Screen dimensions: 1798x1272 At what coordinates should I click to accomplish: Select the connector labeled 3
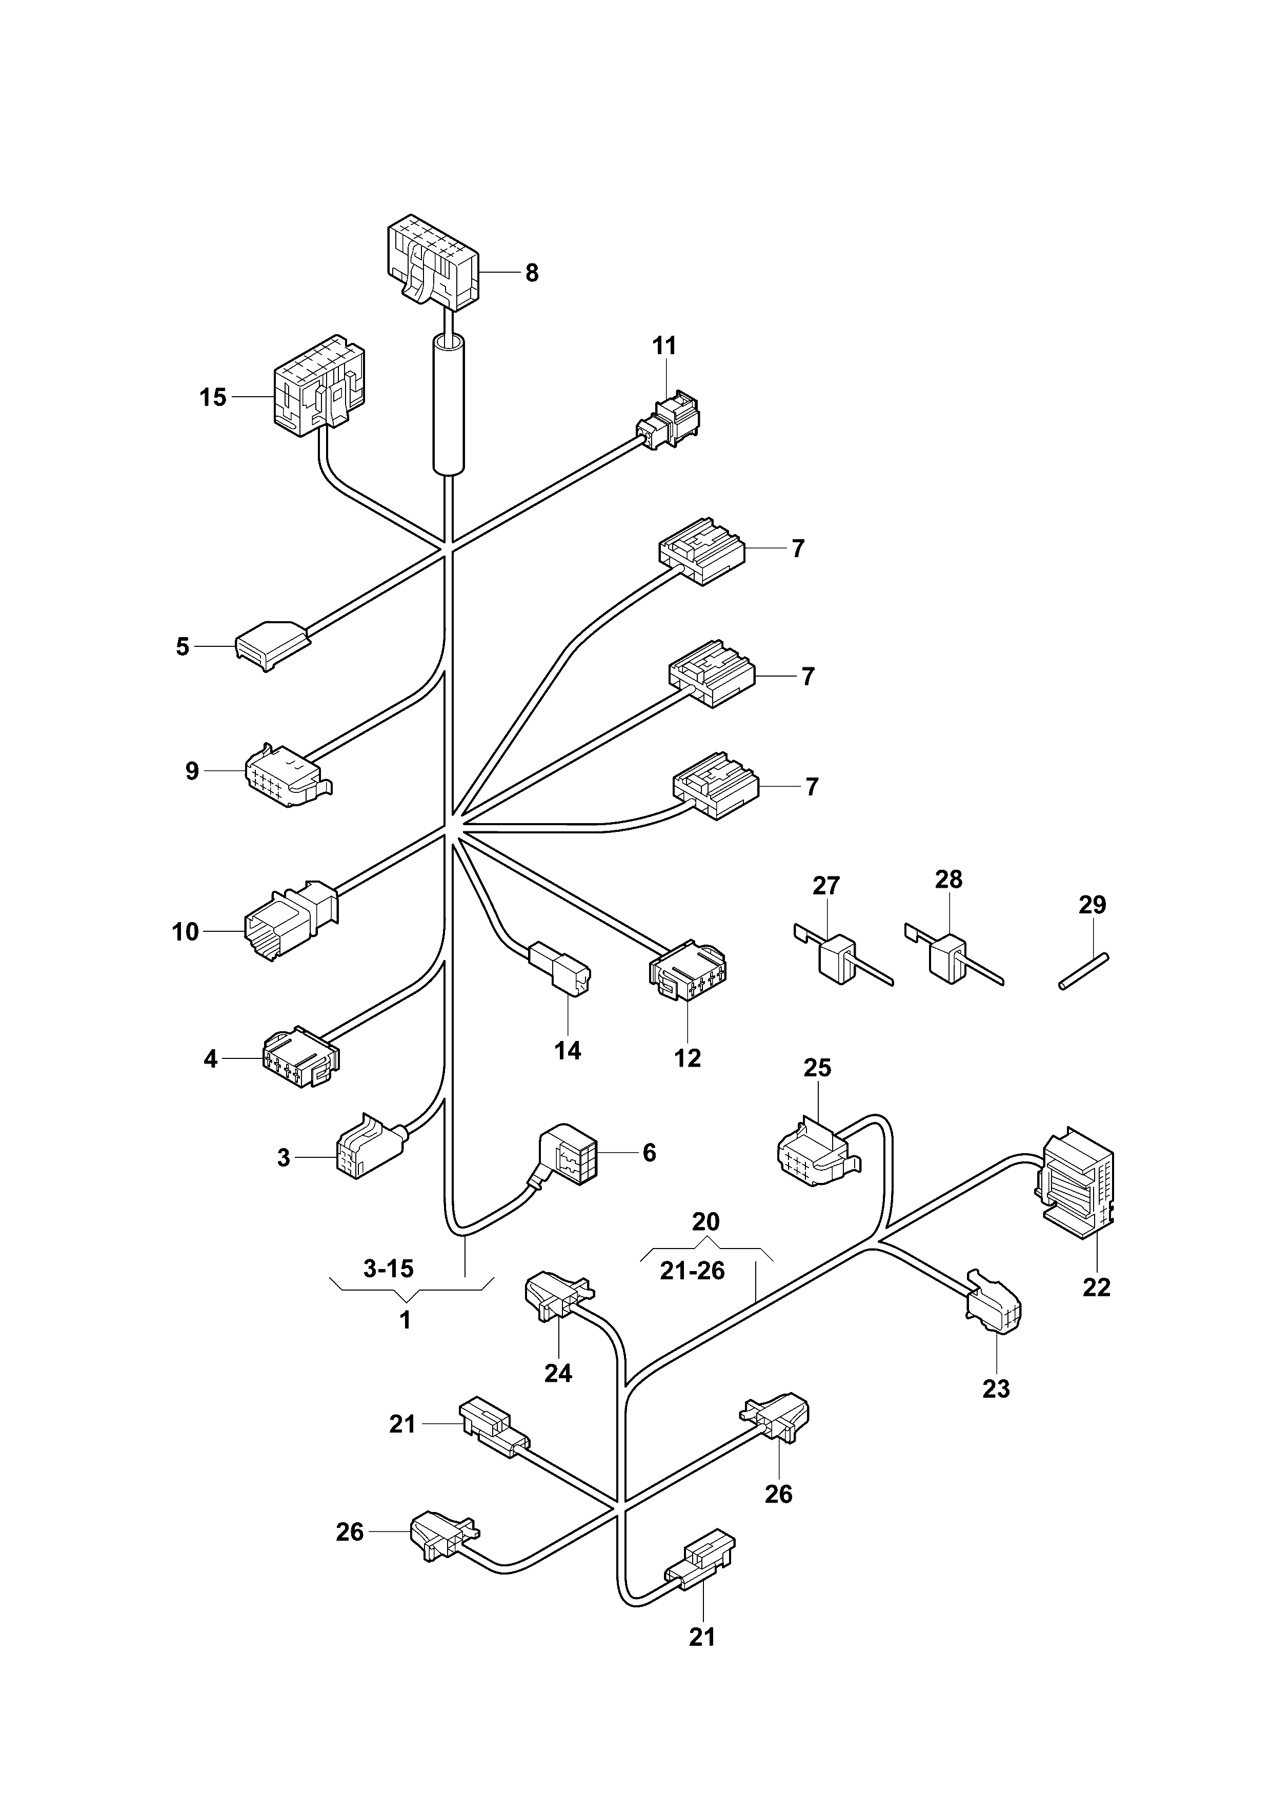click(367, 1147)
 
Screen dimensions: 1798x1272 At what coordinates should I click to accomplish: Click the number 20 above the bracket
click(705, 1221)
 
